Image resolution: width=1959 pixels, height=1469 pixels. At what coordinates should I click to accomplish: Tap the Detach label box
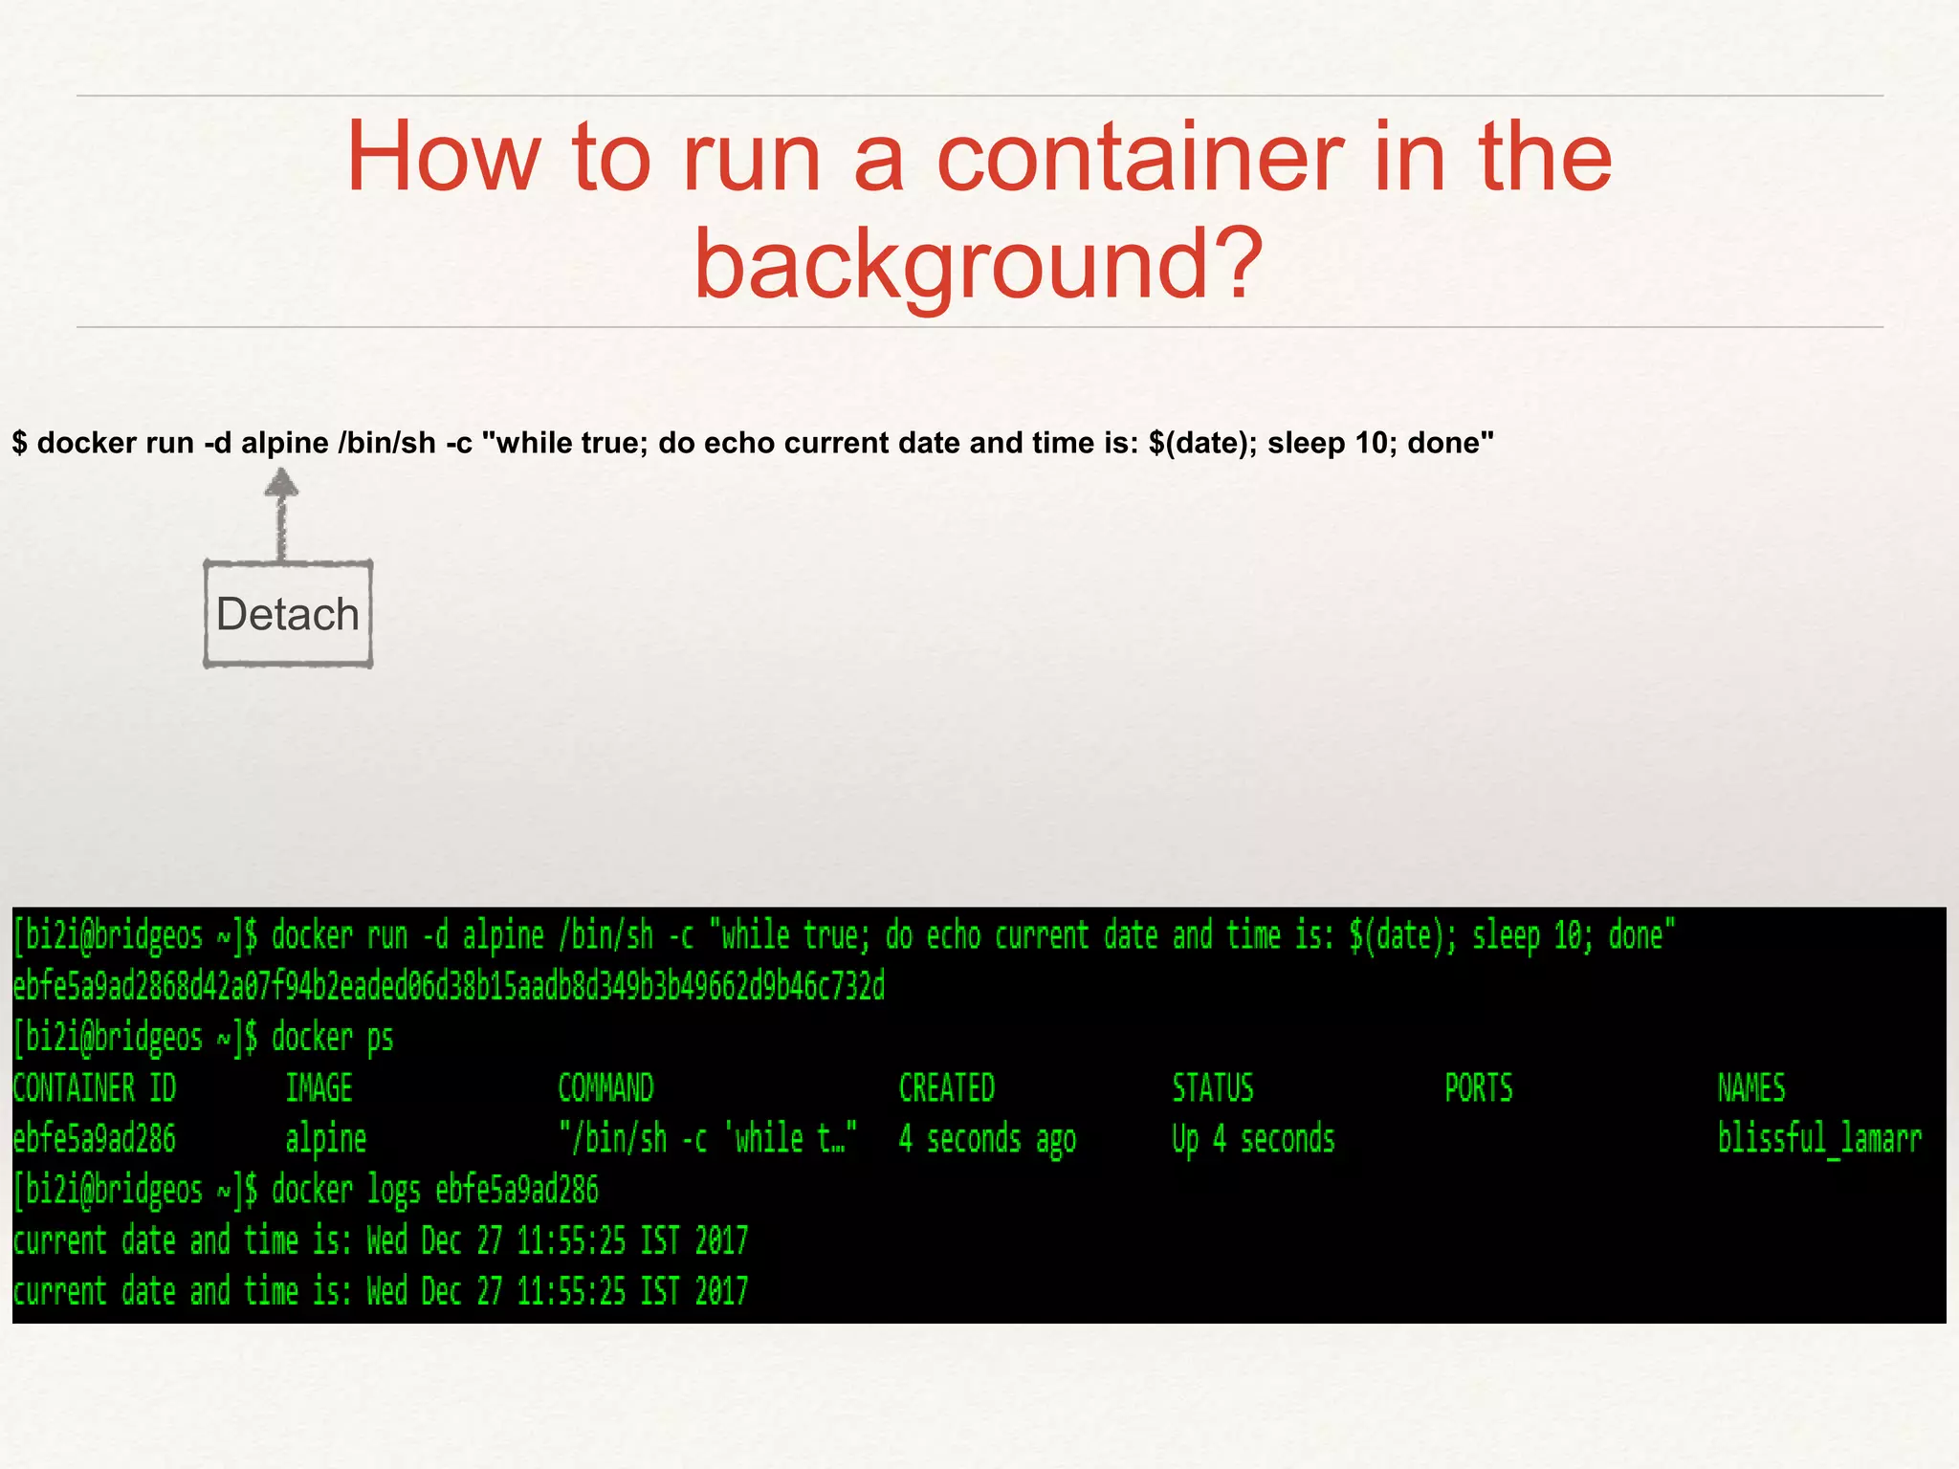pyautogui.click(x=288, y=614)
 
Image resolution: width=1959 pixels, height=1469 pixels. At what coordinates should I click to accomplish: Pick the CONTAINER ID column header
pyautogui.click(x=95, y=1088)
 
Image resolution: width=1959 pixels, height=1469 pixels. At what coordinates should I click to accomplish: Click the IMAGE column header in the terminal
pyautogui.click(x=319, y=1088)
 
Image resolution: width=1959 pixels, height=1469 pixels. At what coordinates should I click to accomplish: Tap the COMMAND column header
pyautogui.click(x=605, y=1088)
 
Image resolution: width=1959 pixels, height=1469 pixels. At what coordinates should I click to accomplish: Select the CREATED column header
pyautogui.click(x=947, y=1088)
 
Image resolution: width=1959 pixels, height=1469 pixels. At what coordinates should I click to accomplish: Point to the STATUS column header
pyautogui.click(x=1213, y=1088)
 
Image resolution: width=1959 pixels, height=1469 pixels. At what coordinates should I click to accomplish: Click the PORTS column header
pyautogui.click(x=1479, y=1088)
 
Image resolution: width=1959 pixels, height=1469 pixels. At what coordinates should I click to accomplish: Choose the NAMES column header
pyautogui.click(x=1751, y=1088)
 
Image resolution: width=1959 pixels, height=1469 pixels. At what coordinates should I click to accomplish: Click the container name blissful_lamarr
pyautogui.click(x=1819, y=1139)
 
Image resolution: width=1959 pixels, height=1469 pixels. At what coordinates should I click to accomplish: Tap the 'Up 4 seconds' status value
pyautogui.click(x=1253, y=1139)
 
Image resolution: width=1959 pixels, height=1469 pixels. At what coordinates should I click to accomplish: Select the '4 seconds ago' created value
pyautogui.click(x=987, y=1139)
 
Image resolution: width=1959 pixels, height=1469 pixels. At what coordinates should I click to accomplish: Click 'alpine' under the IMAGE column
pyautogui.click(x=326, y=1139)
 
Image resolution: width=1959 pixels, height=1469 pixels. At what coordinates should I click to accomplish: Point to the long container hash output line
pyautogui.click(x=449, y=986)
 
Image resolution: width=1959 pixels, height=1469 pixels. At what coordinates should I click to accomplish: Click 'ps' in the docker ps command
pyautogui.click(x=381, y=1038)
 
